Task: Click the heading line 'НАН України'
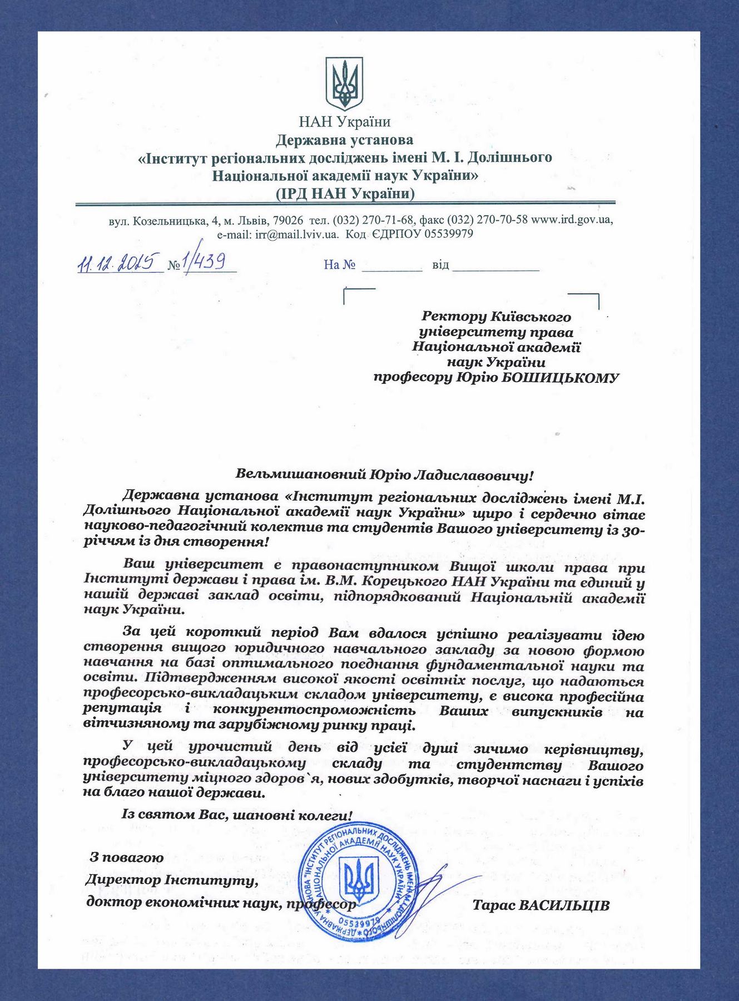coord(345,122)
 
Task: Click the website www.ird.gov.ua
coord(572,219)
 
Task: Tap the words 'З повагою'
coord(127,857)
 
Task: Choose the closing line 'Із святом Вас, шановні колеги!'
coord(237,816)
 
